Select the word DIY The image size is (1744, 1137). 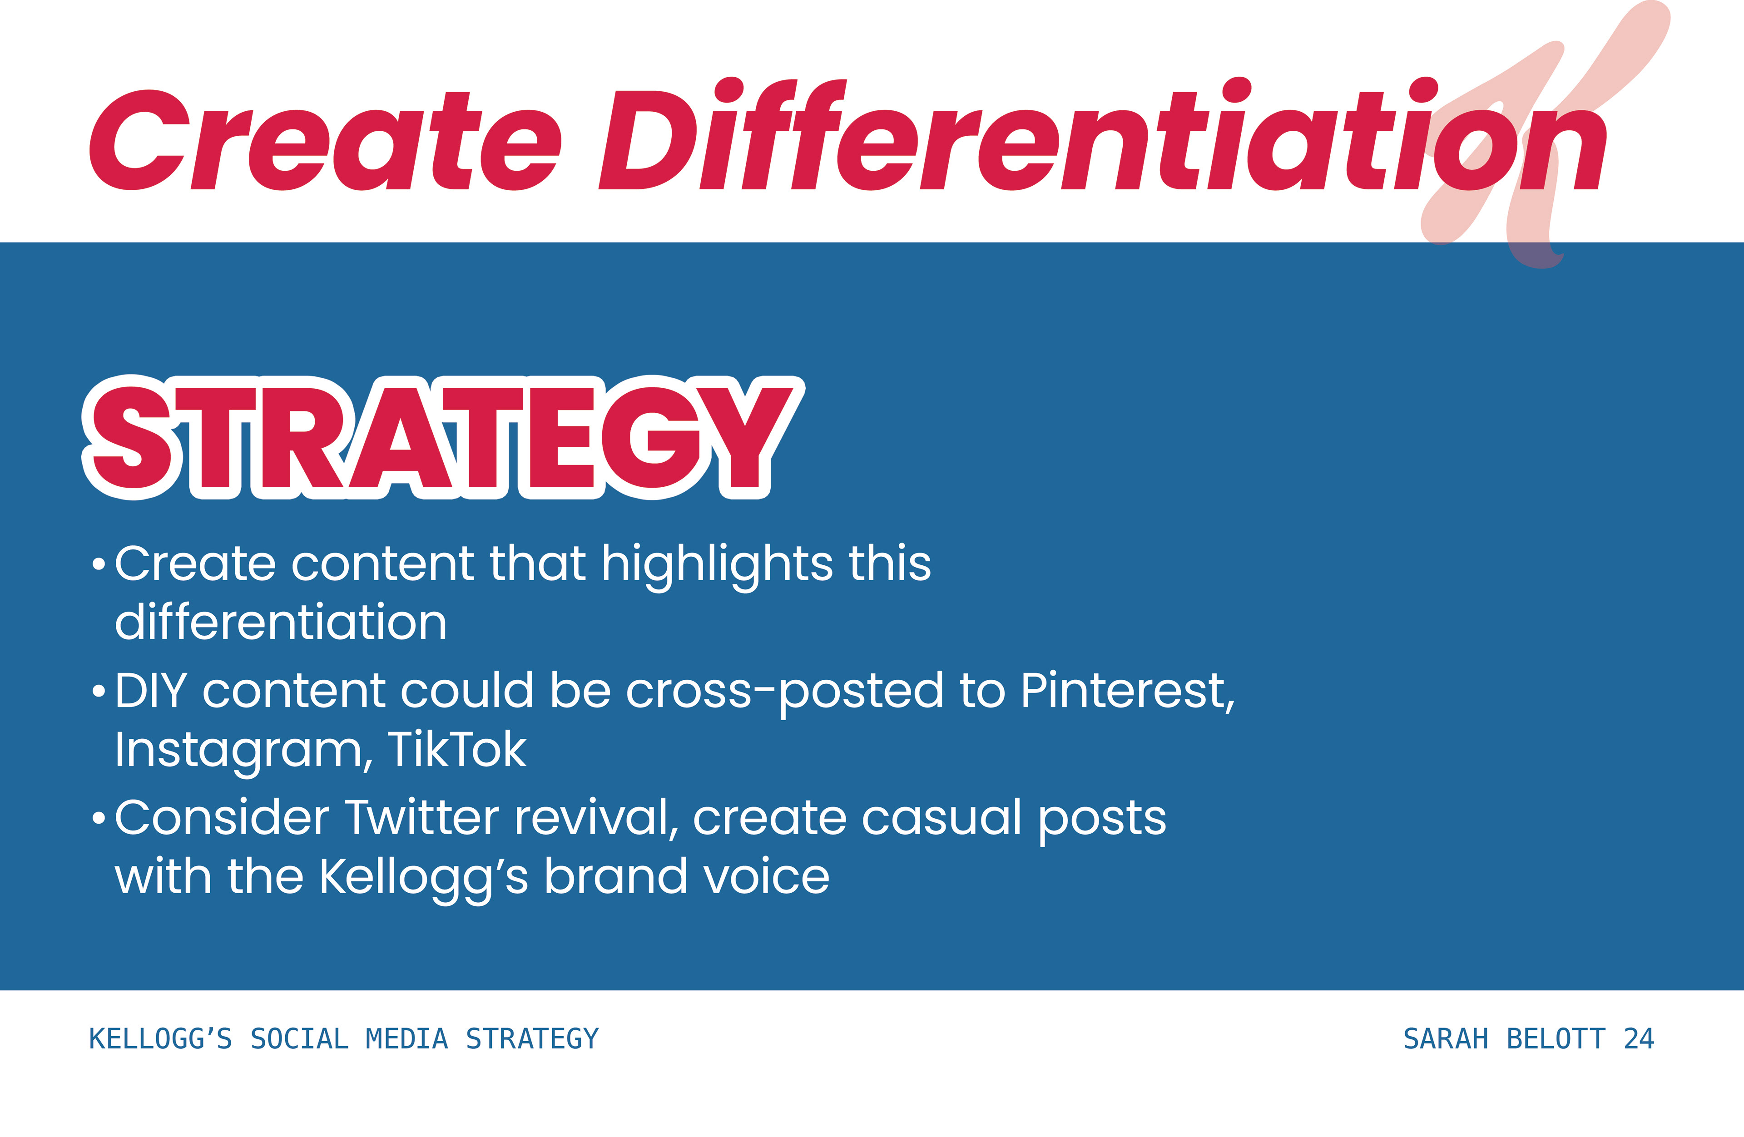[x=151, y=691]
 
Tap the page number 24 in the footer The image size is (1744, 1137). [x=1639, y=1039]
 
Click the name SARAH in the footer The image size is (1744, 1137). [x=1446, y=1039]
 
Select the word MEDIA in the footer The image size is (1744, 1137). [x=406, y=1039]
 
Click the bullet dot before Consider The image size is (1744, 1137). [x=99, y=818]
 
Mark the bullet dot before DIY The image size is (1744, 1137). [x=99, y=692]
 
